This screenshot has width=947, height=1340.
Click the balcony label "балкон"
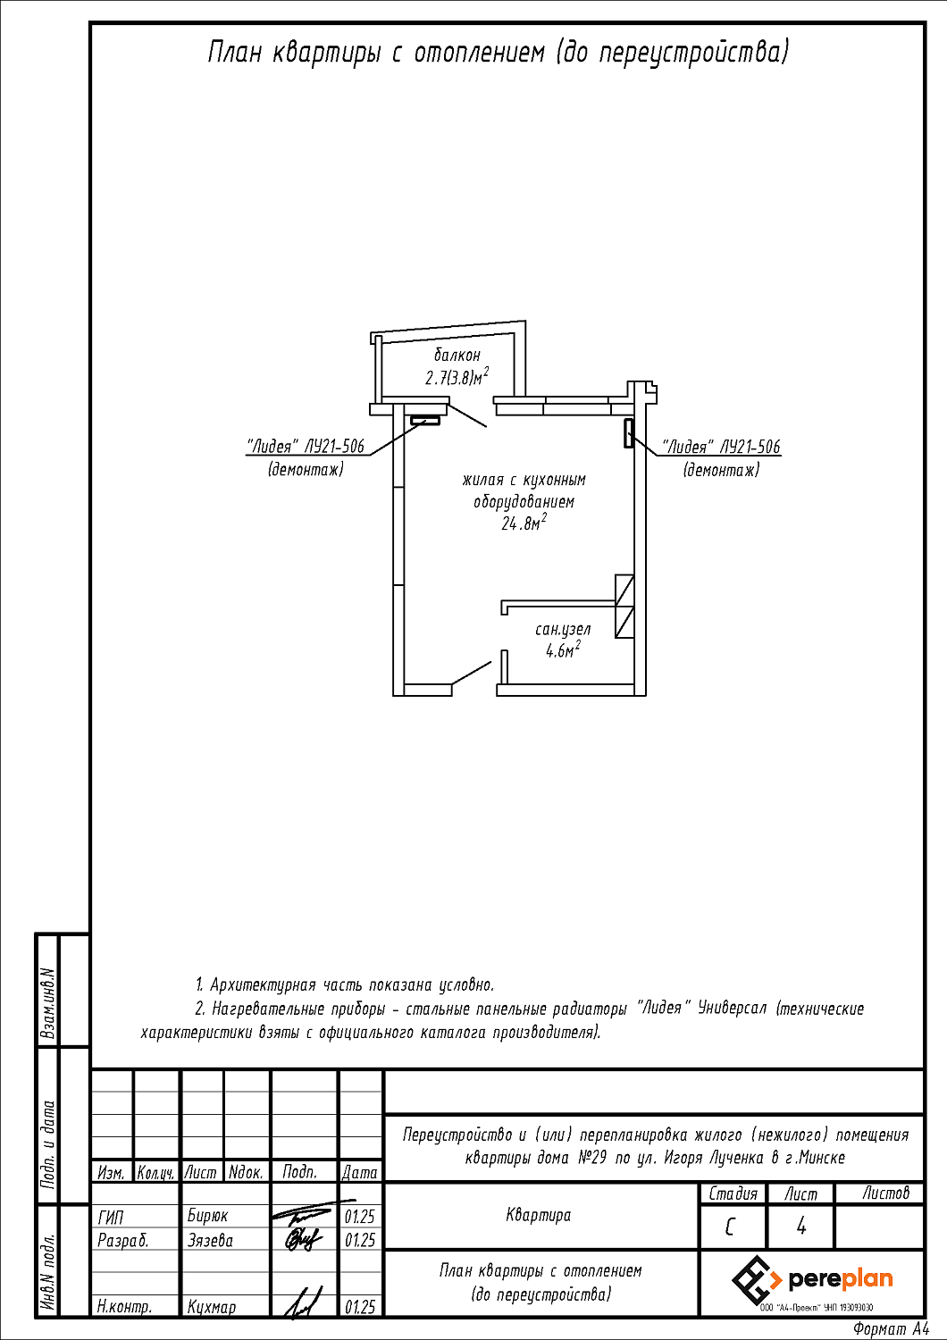click(x=457, y=356)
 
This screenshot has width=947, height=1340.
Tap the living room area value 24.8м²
click(x=524, y=523)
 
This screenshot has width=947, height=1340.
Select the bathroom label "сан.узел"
click(x=563, y=630)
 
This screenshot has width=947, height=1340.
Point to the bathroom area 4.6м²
click(x=563, y=650)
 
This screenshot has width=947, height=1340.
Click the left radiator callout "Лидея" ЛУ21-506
click(x=306, y=447)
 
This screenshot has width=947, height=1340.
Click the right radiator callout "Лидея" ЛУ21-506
click(x=721, y=447)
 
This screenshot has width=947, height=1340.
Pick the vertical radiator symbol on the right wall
click(x=629, y=432)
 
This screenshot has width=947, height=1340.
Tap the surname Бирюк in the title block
click(x=207, y=1216)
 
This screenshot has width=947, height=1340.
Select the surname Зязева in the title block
click(x=210, y=1240)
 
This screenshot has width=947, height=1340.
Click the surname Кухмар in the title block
click(x=212, y=1307)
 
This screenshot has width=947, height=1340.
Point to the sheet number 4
click(x=800, y=1226)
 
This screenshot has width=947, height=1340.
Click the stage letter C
click(x=731, y=1227)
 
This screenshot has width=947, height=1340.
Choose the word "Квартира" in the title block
click(x=538, y=1215)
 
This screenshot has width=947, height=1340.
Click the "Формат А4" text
click(x=890, y=1329)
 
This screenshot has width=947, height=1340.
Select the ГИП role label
click(x=111, y=1217)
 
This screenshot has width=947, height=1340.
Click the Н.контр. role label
click(x=124, y=1307)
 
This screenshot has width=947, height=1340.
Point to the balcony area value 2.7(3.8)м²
click(x=457, y=378)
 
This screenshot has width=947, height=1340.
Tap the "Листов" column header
click(x=885, y=1193)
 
